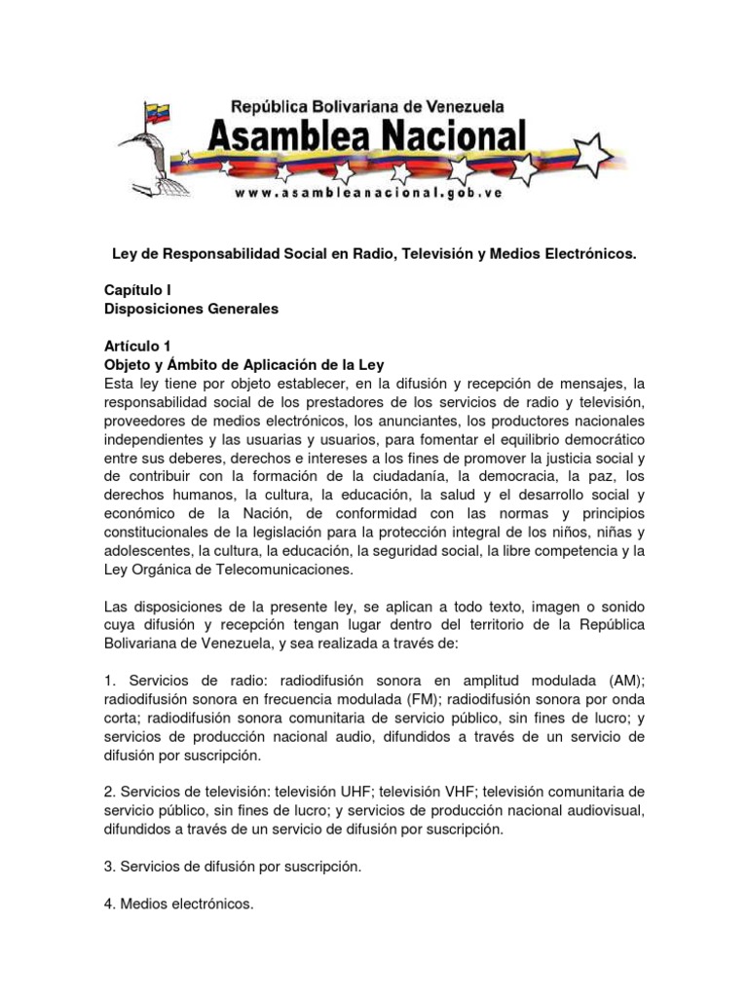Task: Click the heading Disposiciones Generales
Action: coord(191,309)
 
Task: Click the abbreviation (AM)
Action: coord(622,682)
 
